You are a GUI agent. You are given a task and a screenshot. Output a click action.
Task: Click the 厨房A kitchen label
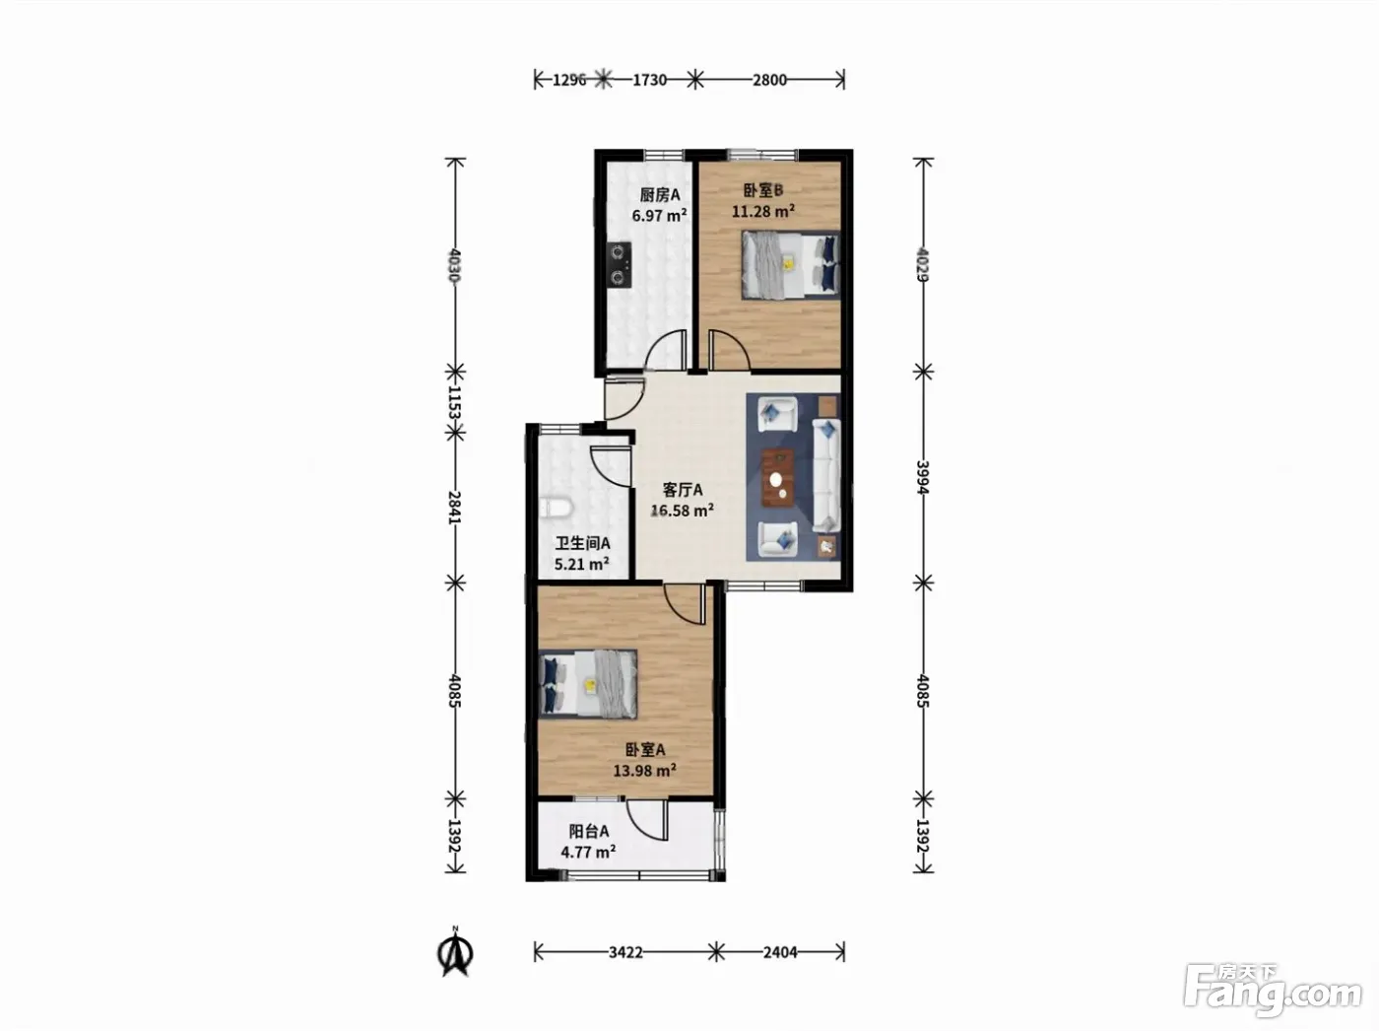coord(660,195)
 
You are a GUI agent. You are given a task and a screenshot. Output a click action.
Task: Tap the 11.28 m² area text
coord(763,211)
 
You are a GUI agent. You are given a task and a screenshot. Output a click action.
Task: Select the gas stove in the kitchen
coord(621,265)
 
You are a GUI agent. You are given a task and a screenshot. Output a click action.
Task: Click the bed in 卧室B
coord(790,265)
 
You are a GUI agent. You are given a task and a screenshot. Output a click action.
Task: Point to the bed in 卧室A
coord(589,684)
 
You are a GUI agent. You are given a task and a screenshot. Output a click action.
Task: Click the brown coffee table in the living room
coord(778,478)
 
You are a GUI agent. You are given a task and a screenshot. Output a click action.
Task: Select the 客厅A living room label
coord(683,489)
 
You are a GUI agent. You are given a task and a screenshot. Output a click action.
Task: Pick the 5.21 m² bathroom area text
coord(582,564)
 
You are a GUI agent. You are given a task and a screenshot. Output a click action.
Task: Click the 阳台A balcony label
coord(589,831)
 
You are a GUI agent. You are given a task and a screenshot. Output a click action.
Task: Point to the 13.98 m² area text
coord(644,770)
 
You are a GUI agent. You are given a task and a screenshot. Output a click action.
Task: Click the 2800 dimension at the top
coord(769,80)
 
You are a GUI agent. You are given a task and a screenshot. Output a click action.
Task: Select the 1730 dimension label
coord(649,80)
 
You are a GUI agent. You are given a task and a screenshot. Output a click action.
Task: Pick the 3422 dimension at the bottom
coord(625,952)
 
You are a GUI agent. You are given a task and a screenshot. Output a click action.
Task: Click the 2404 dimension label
coord(780,952)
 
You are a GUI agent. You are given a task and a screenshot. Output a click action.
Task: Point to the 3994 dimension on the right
coord(922,478)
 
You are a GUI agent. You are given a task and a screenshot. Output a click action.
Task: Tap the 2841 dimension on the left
coord(455,508)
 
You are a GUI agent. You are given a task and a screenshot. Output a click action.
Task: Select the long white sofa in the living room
coord(826,476)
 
